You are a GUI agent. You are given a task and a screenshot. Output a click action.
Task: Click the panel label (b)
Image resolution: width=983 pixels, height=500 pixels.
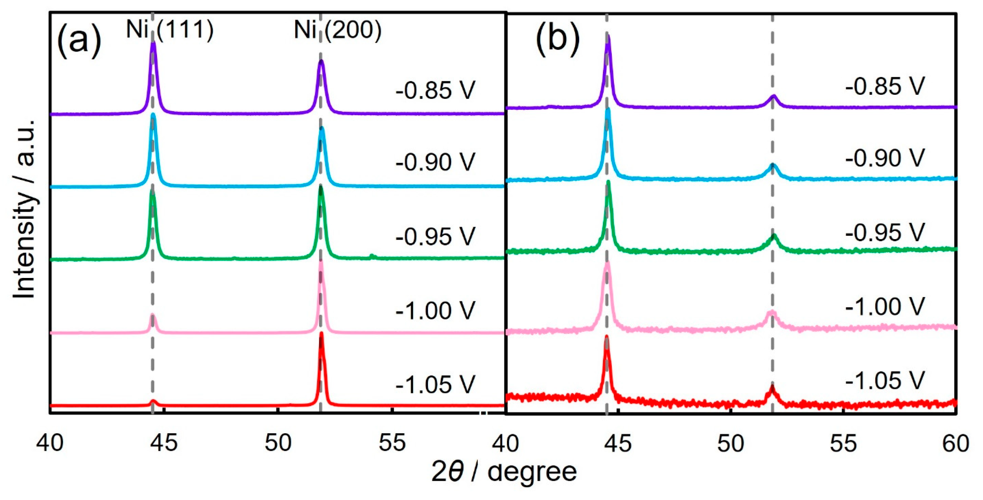[557, 40]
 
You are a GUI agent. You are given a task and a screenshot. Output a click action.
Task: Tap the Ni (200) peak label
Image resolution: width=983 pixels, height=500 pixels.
[337, 30]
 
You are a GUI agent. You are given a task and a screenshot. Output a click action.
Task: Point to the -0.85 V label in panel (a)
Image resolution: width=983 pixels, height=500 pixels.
[435, 90]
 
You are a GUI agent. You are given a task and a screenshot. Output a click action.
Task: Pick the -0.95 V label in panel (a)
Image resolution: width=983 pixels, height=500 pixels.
[435, 237]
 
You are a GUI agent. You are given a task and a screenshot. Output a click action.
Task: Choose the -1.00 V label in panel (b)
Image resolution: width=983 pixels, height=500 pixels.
[885, 307]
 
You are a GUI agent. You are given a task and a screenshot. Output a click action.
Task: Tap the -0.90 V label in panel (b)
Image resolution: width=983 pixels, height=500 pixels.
[885, 158]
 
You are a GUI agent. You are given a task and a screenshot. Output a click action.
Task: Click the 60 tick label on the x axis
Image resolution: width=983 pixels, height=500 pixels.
[956, 443]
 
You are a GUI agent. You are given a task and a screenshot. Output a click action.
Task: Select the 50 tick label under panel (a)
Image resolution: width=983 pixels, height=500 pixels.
[278, 443]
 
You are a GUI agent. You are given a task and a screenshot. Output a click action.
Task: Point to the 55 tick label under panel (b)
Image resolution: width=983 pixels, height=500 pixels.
[843, 443]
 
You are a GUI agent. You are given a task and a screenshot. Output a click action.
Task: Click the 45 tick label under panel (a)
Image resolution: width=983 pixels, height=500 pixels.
[164, 443]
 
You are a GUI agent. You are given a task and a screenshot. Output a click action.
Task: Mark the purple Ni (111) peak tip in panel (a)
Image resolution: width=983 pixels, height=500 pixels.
[153, 42]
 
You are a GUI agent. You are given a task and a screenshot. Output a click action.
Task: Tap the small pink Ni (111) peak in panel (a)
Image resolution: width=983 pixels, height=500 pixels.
[153, 316]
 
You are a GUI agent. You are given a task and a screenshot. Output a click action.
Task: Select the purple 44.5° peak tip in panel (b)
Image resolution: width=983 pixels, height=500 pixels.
[608, 36]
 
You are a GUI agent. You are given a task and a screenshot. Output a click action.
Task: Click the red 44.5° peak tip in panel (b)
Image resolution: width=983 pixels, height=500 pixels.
[606, 336]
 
